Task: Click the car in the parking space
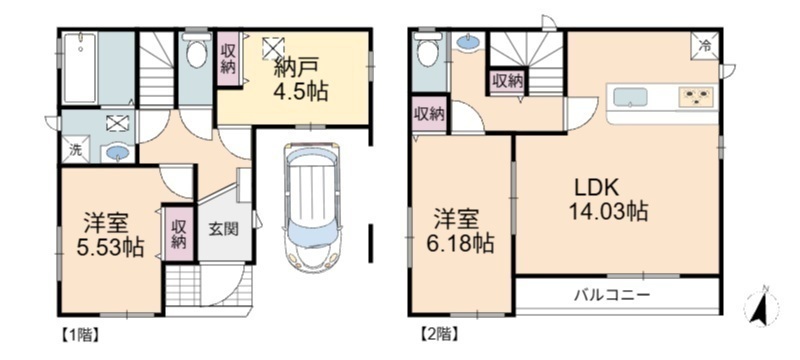click(312, 207)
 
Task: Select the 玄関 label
click(223, 229)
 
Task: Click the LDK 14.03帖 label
click(611, 200)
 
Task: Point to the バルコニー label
click(612, 295)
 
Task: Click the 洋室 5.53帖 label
click(110, 235)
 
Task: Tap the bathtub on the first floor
click(80, 68)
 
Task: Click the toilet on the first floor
click(196, 50)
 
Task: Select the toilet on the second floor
click(428, 49)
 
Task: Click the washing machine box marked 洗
click(75, 150)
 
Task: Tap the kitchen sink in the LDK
click(630, 97)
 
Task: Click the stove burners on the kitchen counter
click(695, 96)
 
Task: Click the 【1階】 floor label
click(80, 336)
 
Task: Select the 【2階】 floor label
click(439, 336)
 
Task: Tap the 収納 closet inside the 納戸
click(228, 59)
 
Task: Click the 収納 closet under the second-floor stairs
click(507, 82)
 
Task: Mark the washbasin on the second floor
click(468, 42)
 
